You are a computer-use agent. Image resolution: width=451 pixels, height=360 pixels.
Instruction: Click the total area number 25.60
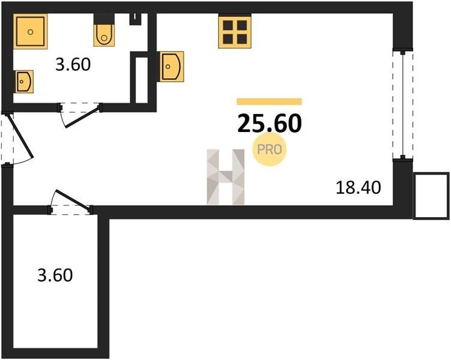click(x=270, y=124)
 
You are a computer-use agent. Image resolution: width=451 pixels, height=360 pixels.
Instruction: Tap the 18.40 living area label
click(x=359, y=188)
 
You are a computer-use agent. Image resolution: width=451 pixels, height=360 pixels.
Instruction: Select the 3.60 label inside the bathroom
click(x=73, y=64)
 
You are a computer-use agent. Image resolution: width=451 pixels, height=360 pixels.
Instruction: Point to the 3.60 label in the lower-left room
click(x=55, y=275)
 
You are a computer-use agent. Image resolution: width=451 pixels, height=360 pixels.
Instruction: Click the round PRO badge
click(x=270, y=149)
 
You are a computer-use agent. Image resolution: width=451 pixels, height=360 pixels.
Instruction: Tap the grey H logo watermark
click(x=226, y=176)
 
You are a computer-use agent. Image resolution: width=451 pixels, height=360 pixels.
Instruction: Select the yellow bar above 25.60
click(x=270, y=101)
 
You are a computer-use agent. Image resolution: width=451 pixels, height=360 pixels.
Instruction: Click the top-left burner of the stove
click(x=228, y=25)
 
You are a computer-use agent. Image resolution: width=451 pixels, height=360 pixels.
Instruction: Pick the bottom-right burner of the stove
click(x=242, y=39)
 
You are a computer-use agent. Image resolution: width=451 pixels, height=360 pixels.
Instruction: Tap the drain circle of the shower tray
click(x=30, y=32)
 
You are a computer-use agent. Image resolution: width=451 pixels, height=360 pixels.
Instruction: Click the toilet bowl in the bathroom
click(x=104, y=35)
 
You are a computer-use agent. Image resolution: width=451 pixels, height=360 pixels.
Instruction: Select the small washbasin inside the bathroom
click(x=24, y=82)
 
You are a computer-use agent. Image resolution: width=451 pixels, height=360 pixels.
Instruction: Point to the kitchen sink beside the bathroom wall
click(x=171, y=67)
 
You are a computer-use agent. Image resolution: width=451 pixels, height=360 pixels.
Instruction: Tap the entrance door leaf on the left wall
click(x=20, y=136)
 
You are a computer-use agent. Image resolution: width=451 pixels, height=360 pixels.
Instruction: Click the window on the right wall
click(x=403, y=105)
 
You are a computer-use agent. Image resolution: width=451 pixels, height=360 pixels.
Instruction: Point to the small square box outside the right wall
click(x=431, y=196)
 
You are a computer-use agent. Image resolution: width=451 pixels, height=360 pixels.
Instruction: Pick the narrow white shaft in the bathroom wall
click(x=142, y=80)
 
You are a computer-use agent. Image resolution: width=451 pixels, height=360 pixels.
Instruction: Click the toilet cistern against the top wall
click(x=104, y=19)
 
